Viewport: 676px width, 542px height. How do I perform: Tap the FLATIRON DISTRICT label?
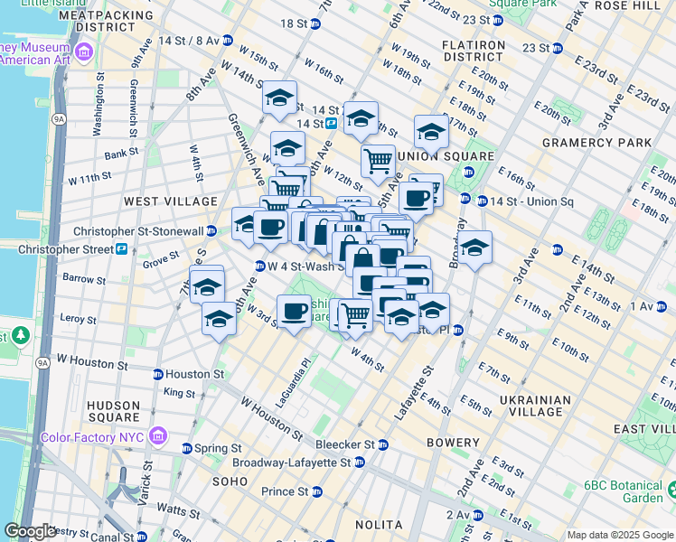[473, 51]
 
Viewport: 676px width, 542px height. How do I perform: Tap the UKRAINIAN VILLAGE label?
[534, 406]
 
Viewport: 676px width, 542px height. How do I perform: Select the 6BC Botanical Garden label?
[624, 491]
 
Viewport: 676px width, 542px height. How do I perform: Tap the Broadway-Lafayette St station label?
[292, 463]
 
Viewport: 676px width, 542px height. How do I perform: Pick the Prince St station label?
[284, 491]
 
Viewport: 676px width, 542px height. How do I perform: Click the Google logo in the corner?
[29, 531]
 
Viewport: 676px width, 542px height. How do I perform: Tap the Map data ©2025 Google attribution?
[619, 535]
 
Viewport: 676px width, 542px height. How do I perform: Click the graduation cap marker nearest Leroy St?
[219, 318]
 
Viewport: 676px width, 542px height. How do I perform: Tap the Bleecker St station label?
[344, 444]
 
